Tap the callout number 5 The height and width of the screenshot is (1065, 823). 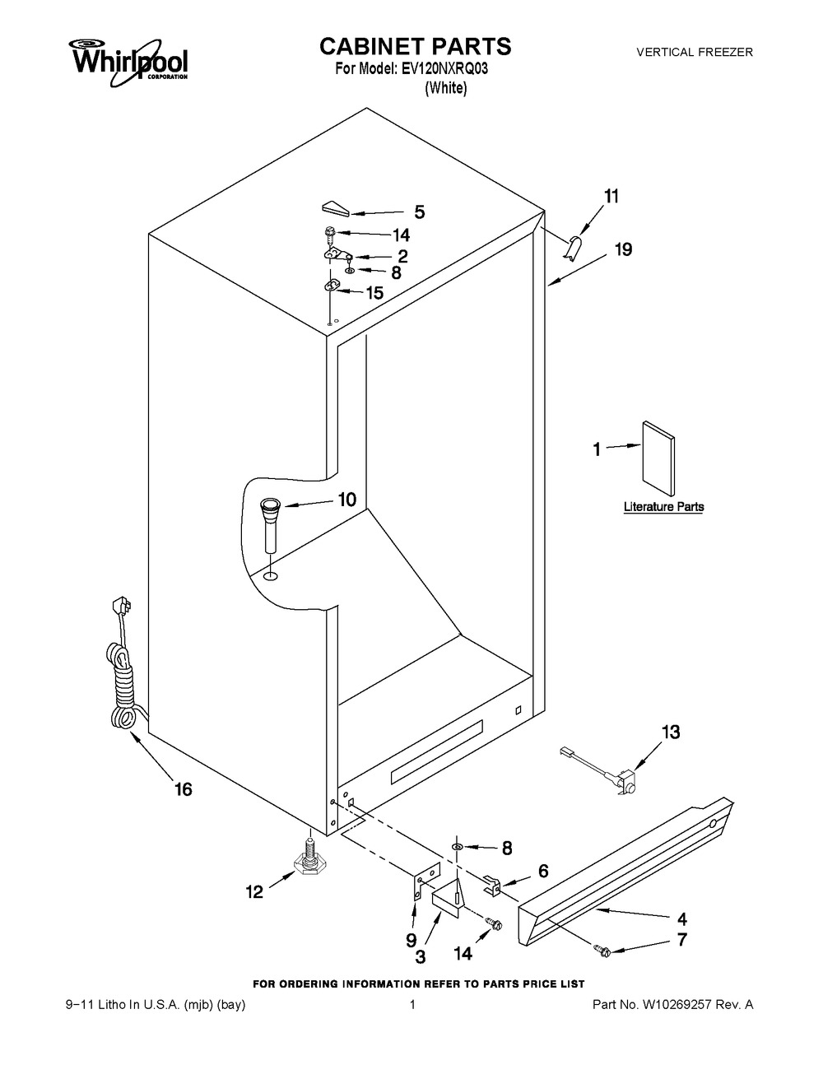(x=420, y=212)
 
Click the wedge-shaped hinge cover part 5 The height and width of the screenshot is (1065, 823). (x=336, y=208)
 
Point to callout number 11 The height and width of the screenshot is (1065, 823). (x=611, y=196)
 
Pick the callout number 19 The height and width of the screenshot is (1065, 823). (x=624, y=249)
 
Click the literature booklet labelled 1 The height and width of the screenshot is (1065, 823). (x=658, y=458)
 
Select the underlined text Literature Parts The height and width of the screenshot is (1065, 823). (x=664, y=506)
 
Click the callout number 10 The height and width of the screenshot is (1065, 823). (x=347, y=500)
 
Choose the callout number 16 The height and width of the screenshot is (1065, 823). (x=183, y=789)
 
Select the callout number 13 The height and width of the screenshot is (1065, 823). (x=671, y=732)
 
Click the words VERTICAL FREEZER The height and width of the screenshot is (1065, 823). (x=695, y=52)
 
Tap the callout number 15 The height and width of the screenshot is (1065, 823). (x=374, y=293)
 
